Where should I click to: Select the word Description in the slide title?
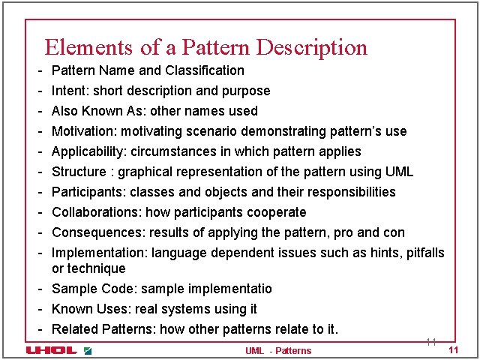pyautogui.click(x=312, y=48)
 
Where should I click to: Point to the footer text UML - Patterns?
pyautogui.click(x=278, y=350)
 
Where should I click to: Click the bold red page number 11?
pyautogui.click(x=452, y=350)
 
